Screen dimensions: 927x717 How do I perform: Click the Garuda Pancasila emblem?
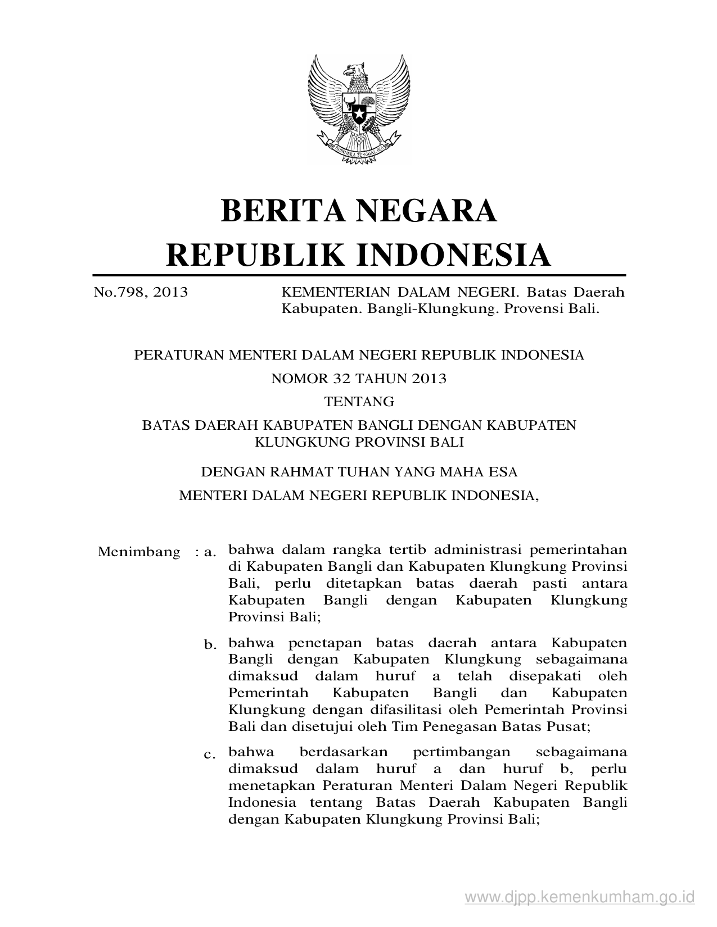tap(358, 109)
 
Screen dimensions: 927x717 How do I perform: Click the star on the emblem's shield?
tap(358, 114)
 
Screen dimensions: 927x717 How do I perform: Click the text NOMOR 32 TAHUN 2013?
tap(358, 379)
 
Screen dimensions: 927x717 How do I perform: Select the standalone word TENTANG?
tap(358, 402)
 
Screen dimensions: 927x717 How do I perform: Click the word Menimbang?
tap(139, 552)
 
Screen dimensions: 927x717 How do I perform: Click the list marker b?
tap(210, 644)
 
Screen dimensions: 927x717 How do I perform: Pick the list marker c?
tap(210, 754)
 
